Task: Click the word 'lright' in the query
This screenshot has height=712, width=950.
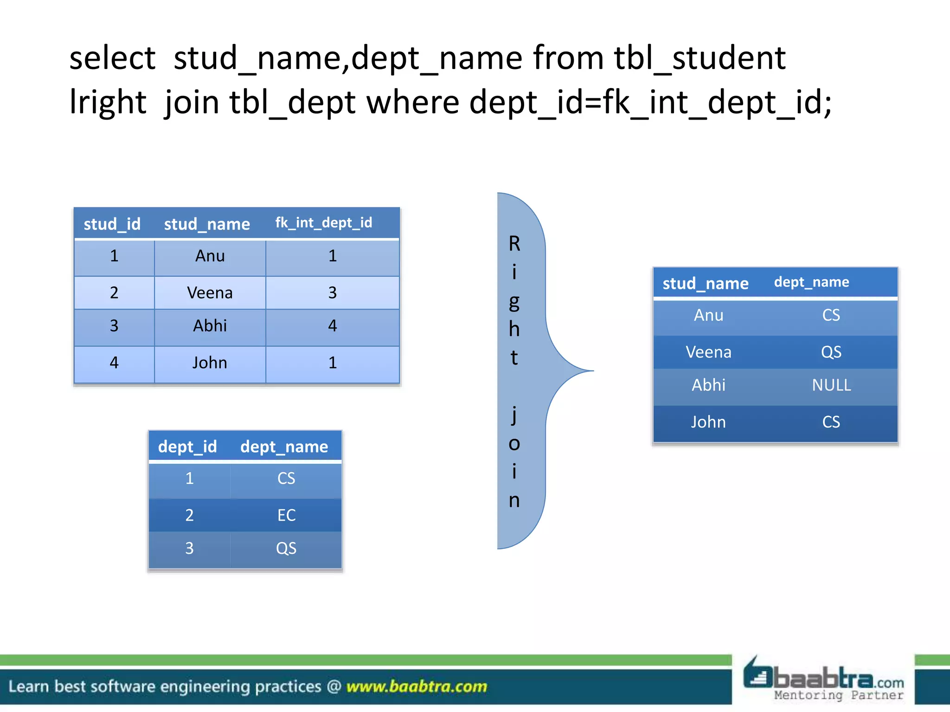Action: (x=108, y=102)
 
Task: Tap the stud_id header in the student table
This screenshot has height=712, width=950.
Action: (x=112, y=224)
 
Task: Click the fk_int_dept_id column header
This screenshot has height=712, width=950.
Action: (x=323, y=223)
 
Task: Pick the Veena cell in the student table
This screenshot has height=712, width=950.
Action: (x=210, y=293)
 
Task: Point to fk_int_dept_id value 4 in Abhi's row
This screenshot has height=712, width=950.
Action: (x=332, y=326)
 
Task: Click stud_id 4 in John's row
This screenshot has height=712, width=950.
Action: (x=114, y=362)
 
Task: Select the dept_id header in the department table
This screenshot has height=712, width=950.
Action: (x=187, y=446)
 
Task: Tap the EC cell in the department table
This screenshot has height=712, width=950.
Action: (x=286, y=515)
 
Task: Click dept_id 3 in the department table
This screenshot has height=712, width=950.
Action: (x=189, y=548)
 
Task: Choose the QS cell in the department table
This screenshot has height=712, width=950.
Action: (x=286, y=548)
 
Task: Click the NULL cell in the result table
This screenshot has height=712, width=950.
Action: (x=831, y=385)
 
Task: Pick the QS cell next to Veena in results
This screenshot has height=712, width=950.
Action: (x=831, y=352)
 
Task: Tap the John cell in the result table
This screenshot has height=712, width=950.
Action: (x=708, y=422)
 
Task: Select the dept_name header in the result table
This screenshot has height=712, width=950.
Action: (x=811, y=282)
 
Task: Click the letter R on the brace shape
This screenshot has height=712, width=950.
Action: (x=514, y=244)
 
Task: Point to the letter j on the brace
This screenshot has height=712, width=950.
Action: (x=514, y=414)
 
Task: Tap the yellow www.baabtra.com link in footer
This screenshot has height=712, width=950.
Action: (x=417, y=686)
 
